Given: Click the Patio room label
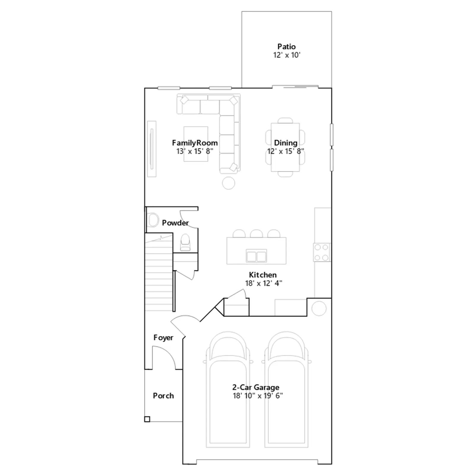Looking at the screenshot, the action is (x=286, y=47).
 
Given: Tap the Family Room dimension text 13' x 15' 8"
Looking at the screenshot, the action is (x=195, y=151).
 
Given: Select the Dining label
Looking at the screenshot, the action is (x=286, y=143).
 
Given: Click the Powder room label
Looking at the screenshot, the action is (x=175, y=223).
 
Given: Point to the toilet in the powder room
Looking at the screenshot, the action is (x=186, y=242).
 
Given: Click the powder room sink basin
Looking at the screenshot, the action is (x=153, y=220).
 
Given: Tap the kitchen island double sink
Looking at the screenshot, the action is (x=256, y=256).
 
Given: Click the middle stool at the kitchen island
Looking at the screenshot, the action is (x=256, y=234).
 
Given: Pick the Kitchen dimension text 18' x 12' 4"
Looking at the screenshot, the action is (x=264, y=283).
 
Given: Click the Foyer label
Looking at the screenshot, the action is (x=163, y=338).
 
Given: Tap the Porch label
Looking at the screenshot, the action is (x=163, y=396).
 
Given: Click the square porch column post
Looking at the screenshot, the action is (x=147, y=419).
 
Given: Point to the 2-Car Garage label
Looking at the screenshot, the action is (x=256, y=387).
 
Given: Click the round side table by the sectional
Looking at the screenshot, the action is (x=229, y=183).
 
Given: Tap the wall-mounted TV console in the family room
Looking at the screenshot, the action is (x=152, y=149).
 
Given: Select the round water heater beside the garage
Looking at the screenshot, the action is (x=319, y=308).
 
